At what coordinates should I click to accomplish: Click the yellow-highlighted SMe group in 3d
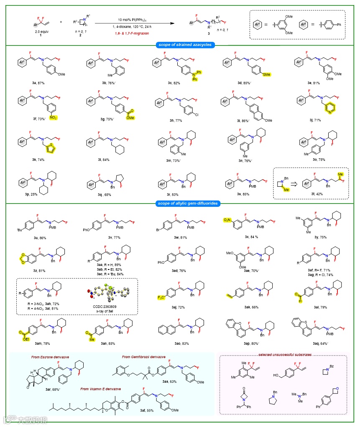coord(266,74)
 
